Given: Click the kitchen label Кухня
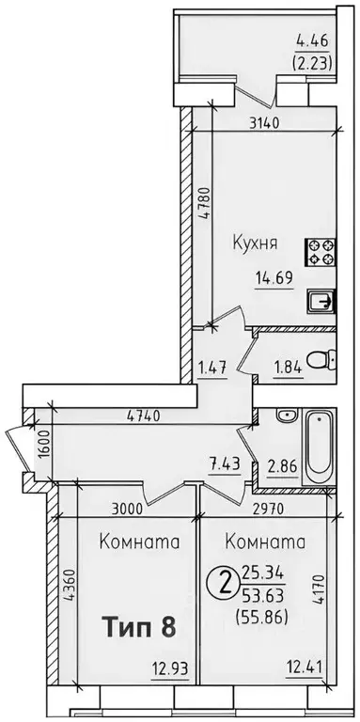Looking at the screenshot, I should pos(254,243).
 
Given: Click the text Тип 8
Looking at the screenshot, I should pos(138,625).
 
